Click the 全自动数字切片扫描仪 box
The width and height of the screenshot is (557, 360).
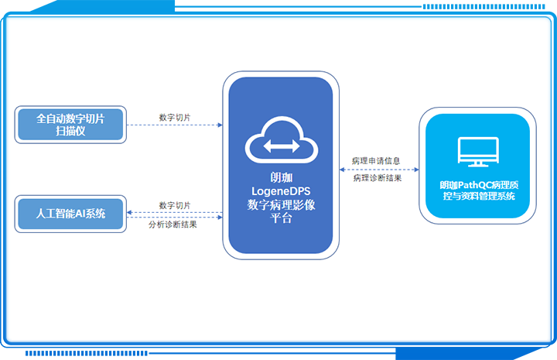coord(70,125)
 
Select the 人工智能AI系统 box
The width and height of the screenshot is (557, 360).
coord(70,214)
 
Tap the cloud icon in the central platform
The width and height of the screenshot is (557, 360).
coord(282,139)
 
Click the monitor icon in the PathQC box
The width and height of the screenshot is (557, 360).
coord(478,152)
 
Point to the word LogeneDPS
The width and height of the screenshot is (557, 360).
coord(281,191)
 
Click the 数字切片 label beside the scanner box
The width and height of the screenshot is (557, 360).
coord(174,117)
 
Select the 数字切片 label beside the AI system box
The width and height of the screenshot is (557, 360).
coord(174,205)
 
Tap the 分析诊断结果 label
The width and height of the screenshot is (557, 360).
coord(173,225)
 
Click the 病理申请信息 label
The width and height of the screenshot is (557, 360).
coord(376,161)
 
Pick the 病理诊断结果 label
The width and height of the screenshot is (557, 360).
coord(378,178)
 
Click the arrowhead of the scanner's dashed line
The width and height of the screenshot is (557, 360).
coord(220,125)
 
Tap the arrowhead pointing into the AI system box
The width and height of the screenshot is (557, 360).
coord(129,213)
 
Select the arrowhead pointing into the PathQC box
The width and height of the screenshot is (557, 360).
coord(416,170)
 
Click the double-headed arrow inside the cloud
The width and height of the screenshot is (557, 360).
coord(282,146)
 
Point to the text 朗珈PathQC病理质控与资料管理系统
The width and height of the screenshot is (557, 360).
coord(479,190)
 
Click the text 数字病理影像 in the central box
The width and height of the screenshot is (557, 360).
coord(281,204)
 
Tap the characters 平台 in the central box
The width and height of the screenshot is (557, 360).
coord(281,218)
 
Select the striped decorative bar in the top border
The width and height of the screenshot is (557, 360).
coord(484,6)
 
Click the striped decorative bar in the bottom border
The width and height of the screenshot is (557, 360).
coord(87,353)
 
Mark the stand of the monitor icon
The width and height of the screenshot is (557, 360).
coord(478,164)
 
